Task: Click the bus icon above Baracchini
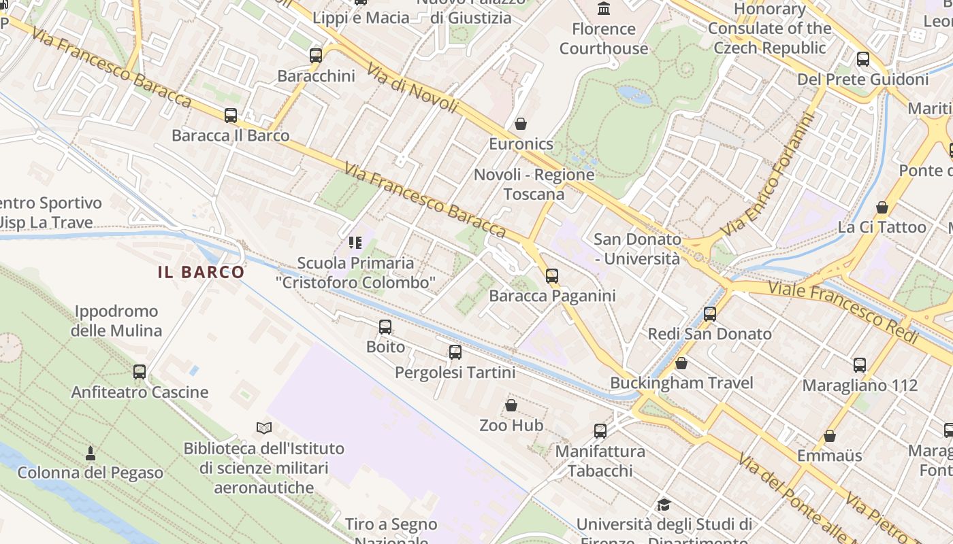point(316,56)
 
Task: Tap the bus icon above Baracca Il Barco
point(231,116)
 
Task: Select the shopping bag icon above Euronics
point(521,124)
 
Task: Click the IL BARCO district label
point(201,272)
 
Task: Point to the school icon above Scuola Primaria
point(355,242)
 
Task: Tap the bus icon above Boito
point(385,327)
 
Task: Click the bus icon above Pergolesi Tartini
point(455,352)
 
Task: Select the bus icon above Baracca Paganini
point(552,275)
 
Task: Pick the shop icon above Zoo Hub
point(511,405)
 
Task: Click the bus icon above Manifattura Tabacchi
point(600,430)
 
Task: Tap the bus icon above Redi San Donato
point(710,313)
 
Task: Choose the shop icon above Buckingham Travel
point(681,363)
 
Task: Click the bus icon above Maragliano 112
point(860,365)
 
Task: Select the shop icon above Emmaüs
point(830,436)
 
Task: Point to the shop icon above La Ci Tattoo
point(882,207)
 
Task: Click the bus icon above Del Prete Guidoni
point(863,59)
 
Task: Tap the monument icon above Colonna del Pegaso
point(91,453)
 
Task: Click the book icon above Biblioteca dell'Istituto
point(264,428)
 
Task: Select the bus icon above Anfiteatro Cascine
point(140,372)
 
